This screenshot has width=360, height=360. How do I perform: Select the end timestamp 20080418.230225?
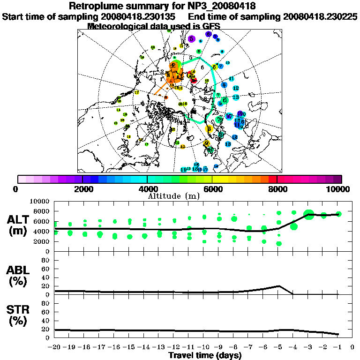pos(320,16)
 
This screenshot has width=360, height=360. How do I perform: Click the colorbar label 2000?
pos(82,189)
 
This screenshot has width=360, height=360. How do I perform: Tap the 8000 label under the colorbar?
pos(277,189)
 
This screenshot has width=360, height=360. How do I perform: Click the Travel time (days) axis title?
pos(205,356)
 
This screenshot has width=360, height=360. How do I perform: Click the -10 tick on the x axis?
pos(204,347)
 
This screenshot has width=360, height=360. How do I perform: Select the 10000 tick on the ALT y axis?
pos(41,201)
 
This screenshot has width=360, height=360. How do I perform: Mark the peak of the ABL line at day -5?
pos(279,285)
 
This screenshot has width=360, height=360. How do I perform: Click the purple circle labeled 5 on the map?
pos(191,39)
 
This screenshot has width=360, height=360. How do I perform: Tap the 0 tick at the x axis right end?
pos(352,347)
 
